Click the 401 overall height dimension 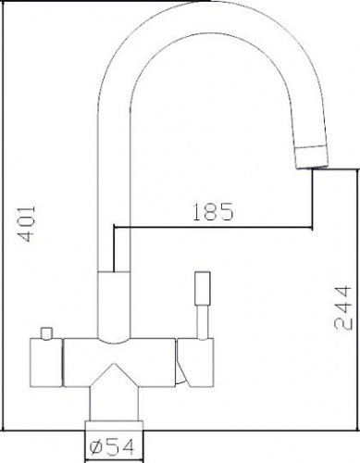(x=26, y=224)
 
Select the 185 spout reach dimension (x=213, y=212)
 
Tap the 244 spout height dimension (x=342, y=308)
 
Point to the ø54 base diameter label (x=112, y=447)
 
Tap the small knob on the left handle (x=47, y=333)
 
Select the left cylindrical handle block (x=46, y=363)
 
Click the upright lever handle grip (x=203, y=288)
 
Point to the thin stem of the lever (x=203, y=322)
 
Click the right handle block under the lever (x=195, y=362)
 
